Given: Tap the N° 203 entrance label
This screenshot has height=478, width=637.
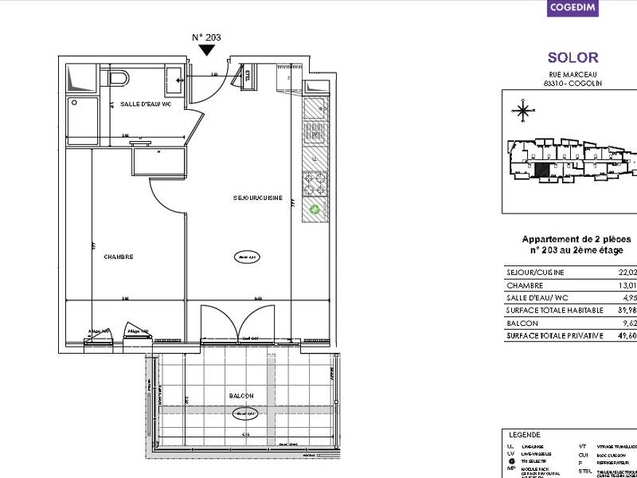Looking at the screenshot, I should click(x=207, y=37).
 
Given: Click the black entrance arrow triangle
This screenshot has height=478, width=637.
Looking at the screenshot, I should click(x=207, y=50).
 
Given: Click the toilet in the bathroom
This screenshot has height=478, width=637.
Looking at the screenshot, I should click(x=117, y=78).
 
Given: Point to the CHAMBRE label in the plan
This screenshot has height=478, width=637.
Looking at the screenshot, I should click(x=118, y=257).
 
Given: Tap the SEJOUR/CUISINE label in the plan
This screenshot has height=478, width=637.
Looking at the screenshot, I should click(x=256, y=198).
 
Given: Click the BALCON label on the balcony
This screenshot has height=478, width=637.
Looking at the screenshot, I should click(x=241, y=396).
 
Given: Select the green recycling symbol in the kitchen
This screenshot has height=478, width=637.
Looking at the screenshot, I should click(x=315, y=210).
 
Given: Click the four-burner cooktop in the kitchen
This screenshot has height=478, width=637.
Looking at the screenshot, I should click(x=315, y=184).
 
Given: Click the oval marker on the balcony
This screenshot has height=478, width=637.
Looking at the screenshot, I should click(x=244, y=413).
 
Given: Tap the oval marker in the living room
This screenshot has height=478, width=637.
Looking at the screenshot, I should click(x=245, y=257).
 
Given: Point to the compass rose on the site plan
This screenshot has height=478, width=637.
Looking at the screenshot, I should click(x=523, y=111).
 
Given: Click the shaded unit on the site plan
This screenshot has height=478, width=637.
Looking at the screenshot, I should click(x=541, y=169).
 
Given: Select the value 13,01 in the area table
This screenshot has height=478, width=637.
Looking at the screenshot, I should click(x=627, y=285).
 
